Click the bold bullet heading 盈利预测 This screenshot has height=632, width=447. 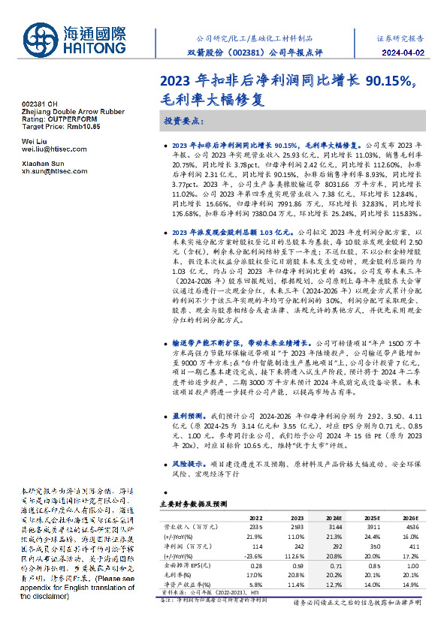(x=189, y=415)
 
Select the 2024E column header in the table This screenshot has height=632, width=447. (x=333, y=518)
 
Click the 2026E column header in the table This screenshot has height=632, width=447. (x=409, y=518)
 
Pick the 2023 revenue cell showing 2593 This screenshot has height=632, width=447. (x=295, y=527)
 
